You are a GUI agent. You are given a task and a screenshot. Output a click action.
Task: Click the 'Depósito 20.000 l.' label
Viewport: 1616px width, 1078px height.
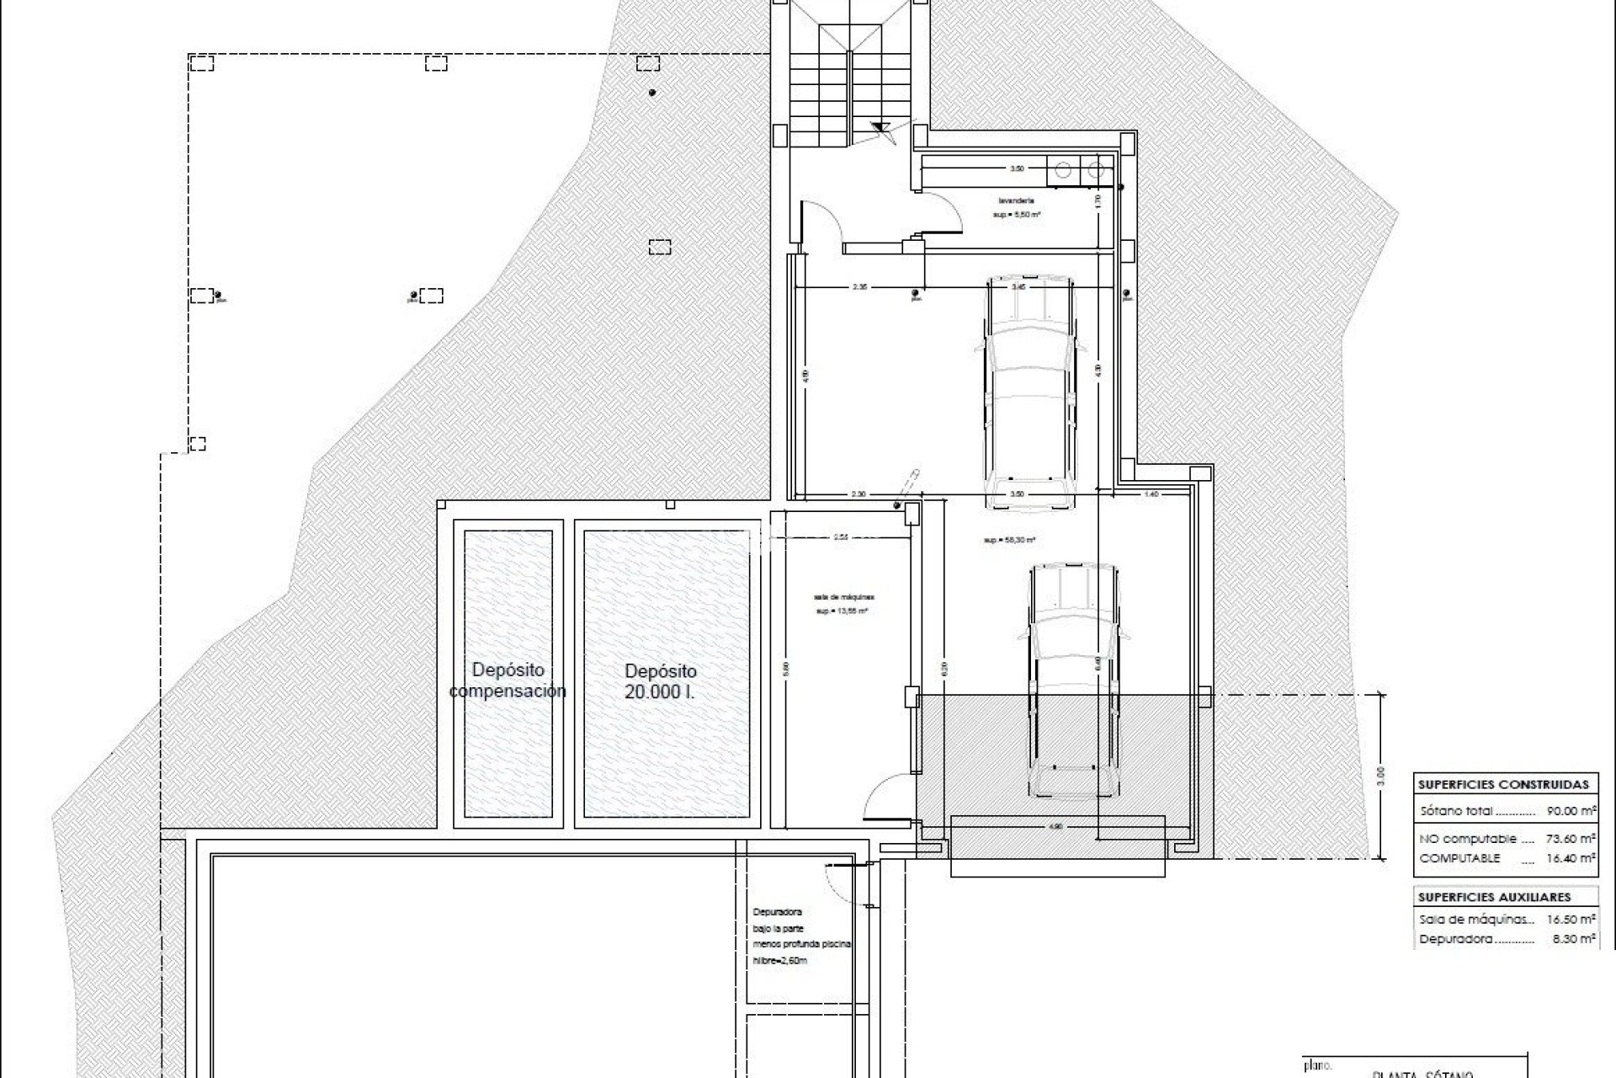coord(661,681)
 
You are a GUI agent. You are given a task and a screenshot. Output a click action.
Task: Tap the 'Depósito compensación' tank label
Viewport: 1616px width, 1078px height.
coord(508,680)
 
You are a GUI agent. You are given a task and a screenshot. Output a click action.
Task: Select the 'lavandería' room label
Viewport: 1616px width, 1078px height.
coord(1016,201)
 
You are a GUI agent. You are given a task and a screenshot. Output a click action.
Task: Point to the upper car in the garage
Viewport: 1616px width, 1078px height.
coord(1030,391)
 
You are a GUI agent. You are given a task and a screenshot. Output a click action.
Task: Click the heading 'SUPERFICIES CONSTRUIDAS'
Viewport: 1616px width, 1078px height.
coord(1503,784)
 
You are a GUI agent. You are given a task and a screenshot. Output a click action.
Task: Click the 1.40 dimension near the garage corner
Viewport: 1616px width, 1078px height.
coord(1151,494)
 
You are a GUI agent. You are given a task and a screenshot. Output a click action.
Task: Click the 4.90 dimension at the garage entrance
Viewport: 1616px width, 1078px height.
coord(1056,827)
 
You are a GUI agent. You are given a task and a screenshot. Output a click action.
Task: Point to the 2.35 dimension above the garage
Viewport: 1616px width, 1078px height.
coord(858,287)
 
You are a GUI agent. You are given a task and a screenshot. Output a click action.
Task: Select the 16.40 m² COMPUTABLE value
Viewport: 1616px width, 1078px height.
coord(1571,858)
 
